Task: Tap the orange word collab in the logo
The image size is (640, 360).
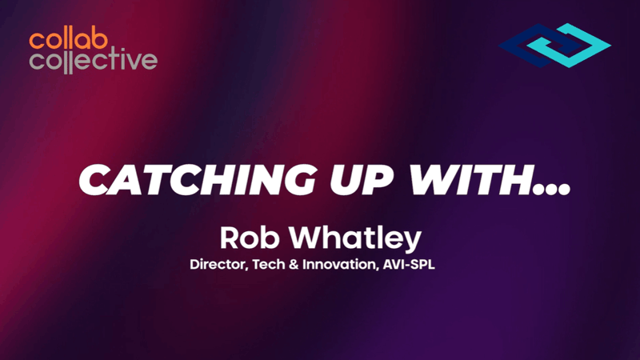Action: coord(63,39)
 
